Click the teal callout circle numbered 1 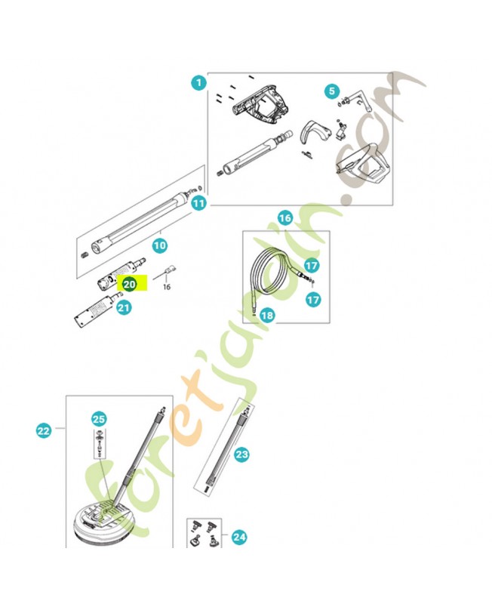[198, 83]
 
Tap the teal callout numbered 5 [332, 91]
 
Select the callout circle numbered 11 [198, 203]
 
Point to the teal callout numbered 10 [160, 245]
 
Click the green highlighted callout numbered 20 [129, 285]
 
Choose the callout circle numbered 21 [124, 308]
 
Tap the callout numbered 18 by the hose [267, 316]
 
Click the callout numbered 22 [44, 430]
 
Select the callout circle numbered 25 [99, 419]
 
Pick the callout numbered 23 [241, 455]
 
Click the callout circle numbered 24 [239, 537]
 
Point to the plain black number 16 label [166, 287]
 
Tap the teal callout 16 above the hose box [285, 218]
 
